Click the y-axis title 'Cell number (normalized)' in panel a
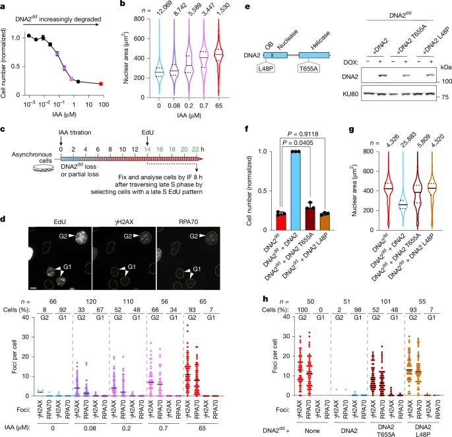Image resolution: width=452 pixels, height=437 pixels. point(6,62)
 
